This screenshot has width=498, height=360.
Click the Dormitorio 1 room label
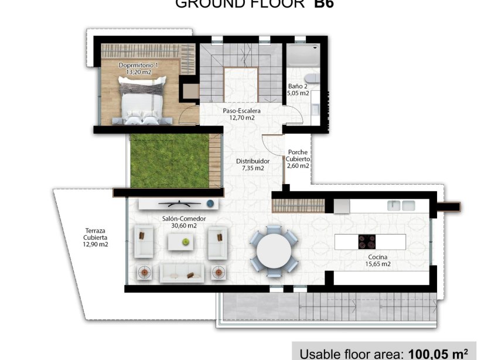(x=138, y=69)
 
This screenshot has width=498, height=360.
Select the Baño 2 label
(x=298, y=90)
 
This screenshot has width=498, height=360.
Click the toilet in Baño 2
(x=313, y=78)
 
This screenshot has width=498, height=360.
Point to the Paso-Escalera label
(x=241, y=114)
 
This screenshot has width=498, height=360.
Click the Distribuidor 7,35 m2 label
(x=253, y=164)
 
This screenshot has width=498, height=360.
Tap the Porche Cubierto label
(x=298, y=159)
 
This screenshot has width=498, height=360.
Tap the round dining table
(x=274, y=250)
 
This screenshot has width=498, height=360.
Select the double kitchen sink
(x=401, y=205)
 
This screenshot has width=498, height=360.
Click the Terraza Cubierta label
(x=95, y=237)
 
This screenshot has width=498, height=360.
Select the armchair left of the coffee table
(x=143, y=242)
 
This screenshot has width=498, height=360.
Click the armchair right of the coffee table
(x=217, y=243)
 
